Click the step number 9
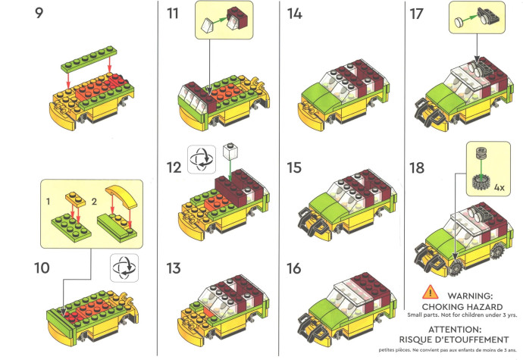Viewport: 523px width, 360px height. (39, 13)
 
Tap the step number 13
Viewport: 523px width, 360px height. (174, 268)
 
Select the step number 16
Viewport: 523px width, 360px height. (294, 268)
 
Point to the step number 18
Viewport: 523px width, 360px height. (417, 167)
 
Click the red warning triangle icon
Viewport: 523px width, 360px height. (430, 292)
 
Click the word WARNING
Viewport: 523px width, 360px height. (470, 296)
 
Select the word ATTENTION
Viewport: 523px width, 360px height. (455, 330)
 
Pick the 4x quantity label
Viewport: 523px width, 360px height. (499, 187)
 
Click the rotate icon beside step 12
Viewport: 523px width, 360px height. (202, 159)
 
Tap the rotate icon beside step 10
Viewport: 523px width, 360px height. (124, 268)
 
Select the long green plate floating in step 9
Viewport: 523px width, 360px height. (89, 58)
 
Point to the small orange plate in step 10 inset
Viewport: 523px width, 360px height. (76, 199)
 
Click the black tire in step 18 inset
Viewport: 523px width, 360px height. (481, 183)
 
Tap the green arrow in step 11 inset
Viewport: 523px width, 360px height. (218, 20)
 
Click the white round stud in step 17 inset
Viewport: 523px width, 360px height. (459, 22)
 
